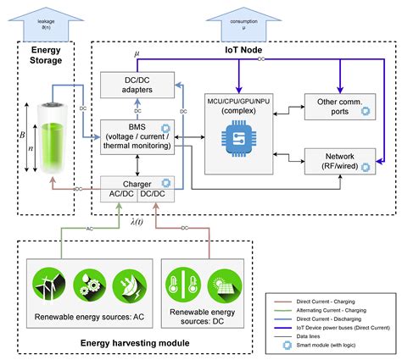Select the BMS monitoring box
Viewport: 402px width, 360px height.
click(x=137, y=136)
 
